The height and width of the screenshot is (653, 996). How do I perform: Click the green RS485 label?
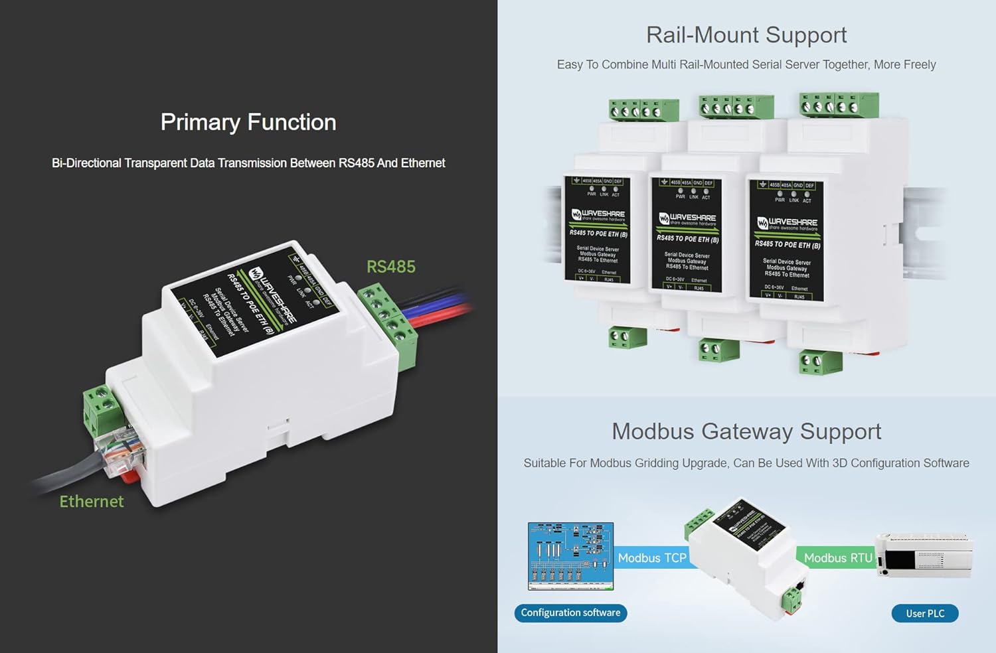click(x=390, y=267)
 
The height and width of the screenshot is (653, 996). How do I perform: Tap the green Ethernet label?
click(x=92, y=502)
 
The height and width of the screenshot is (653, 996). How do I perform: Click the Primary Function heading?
click(x=248, y=122)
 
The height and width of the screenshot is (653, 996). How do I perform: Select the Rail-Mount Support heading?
click(x=746, y=35)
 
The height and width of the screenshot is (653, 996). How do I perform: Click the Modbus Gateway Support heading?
click(x=746, y=431)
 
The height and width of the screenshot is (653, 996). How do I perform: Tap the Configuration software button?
click(x=570, y=613)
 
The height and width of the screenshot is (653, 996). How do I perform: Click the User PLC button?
click(x=924, y=613)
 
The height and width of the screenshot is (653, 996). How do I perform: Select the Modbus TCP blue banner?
click(x=651, y=558)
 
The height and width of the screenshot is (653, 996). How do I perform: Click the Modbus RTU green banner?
click(x=837, y=558)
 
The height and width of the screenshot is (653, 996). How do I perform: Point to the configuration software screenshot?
click(x=570, y=556)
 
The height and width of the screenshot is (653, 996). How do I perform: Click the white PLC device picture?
click(x=924, y=555)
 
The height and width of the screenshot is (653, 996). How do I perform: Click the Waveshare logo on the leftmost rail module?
click(x=598, y=214)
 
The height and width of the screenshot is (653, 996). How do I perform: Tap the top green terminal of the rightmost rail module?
click(x=839, y=106)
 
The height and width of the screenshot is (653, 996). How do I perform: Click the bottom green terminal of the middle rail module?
click(x=719, y=349)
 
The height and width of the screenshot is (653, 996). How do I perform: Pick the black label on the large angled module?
click(x=256, y=302)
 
